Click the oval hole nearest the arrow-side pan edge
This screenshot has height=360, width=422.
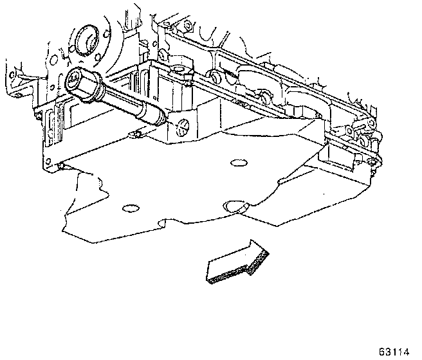pyautogui.click(x=235, y=206)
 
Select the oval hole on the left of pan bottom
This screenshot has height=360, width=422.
pyautogui.click(x=129, y=208)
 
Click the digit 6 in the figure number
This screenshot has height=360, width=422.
pyautogui.click(x=381, y=352)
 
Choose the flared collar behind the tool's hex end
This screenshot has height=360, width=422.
pyautogui.click(x=96, y=90)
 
